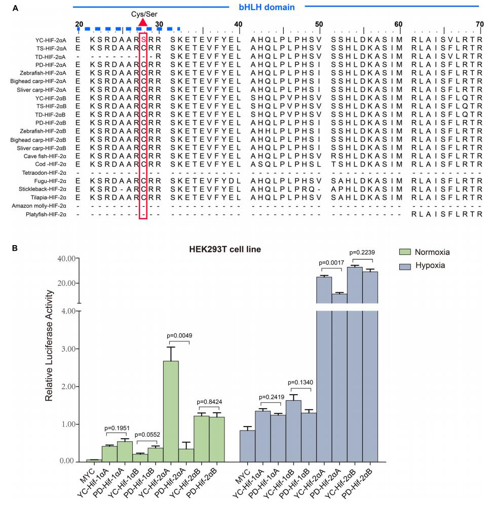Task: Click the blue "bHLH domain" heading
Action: tap(267, 8)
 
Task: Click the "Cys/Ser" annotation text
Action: tap(143, 15)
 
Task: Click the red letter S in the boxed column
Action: tap(143, 40)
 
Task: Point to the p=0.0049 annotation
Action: tap(178, 335)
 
